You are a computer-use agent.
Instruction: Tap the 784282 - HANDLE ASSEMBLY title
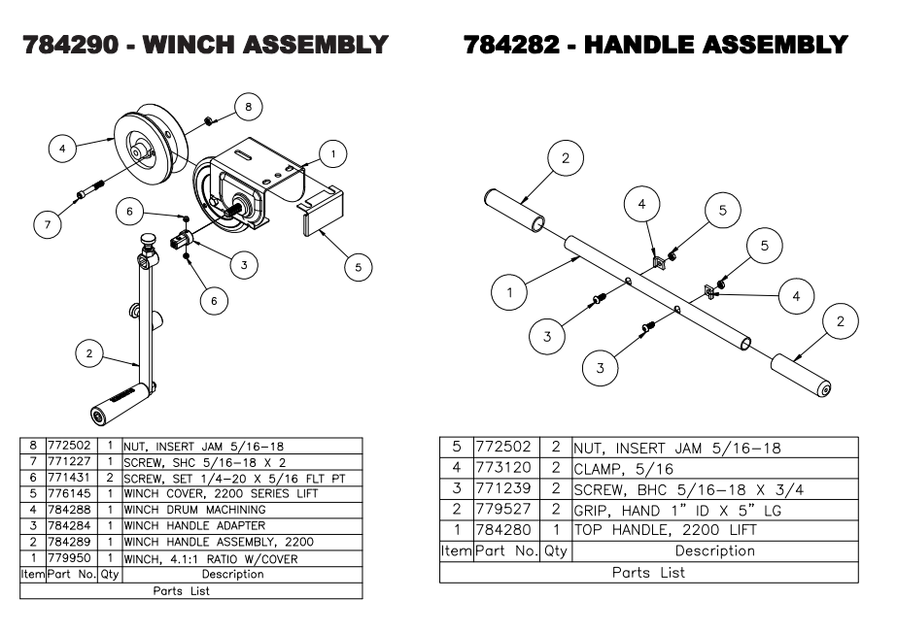(x=656, y=45)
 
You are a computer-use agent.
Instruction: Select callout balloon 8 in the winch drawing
(x=248, y=105)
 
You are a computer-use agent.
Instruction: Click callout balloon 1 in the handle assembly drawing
(x=509, y=289)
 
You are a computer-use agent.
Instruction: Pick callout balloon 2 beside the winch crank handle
(x=88, y=354)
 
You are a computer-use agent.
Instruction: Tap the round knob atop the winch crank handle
(x=148, y=241)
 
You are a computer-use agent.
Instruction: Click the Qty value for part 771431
(x=111, y=478)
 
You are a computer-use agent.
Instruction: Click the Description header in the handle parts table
(x=714, y=551)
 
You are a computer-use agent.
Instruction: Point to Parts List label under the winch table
(x=181, y=590)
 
